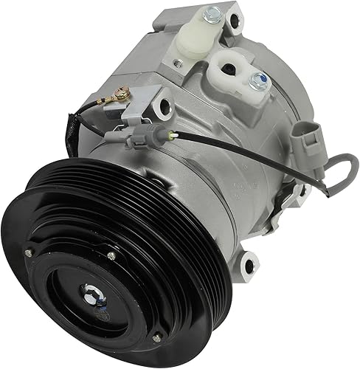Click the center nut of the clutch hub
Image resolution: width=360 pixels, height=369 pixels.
pos(95,290)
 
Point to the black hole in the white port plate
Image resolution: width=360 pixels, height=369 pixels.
pos(226,70)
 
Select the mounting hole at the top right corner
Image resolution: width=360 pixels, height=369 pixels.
pos(237,21)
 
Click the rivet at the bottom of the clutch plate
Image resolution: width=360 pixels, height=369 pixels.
pos(156,338)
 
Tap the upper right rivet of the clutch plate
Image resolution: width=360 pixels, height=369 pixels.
pos(111,256)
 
